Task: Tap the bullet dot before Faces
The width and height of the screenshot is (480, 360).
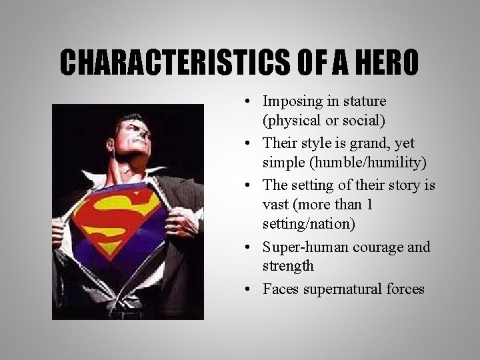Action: (x=247, y=289)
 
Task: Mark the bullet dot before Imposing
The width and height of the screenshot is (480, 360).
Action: (x=247, y=103)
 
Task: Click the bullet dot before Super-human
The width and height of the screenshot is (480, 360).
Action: (x=247, y=248)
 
